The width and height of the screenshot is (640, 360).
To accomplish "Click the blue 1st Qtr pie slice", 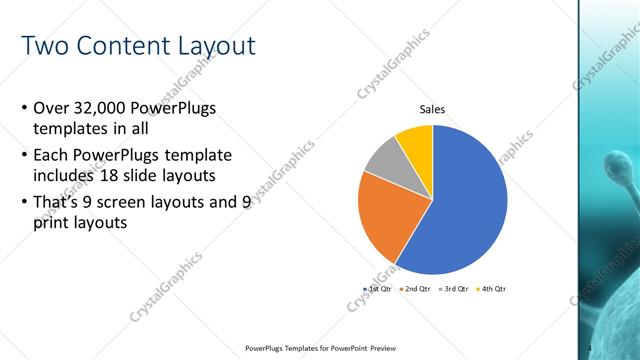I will [x=460, y=210].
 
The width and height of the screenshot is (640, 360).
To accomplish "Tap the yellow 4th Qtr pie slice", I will [x=416, y=143].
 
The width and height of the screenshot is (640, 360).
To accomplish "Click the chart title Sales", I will [x=432, y=110].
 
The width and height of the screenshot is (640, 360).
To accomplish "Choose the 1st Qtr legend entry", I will [x=378, y=289].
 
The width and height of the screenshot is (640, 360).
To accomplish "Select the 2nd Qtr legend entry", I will [x=415, y=289].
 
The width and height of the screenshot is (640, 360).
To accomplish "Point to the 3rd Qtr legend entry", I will [x=452, y=289].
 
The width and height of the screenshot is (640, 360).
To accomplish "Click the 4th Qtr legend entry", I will [x=490, y=289].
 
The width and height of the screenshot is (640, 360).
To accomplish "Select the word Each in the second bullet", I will [x=51, y=155].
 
